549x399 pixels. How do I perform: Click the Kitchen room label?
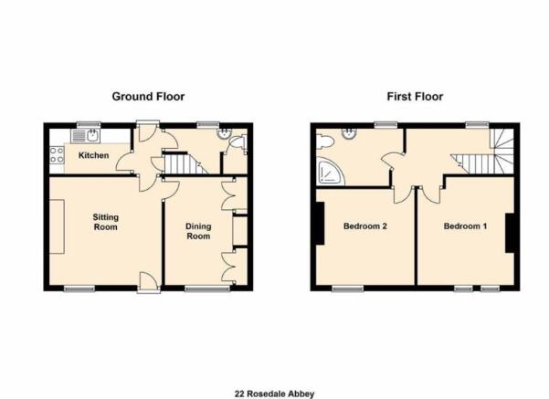pos(93,155)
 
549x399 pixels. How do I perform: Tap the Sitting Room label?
pos(105,222)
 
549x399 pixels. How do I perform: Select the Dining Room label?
pos(198,231)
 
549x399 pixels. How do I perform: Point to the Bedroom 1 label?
pos(465,226)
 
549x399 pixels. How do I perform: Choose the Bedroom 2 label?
pos(365,226)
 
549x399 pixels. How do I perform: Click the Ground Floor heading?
pos(148,96)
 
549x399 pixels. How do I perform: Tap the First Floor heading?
pos(415,96)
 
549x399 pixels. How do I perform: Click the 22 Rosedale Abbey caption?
pos(274,394)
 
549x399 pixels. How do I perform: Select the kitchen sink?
pos(86,136)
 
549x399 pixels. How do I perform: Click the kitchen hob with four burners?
pos(57,154)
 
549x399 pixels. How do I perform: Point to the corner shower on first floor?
pos(330,172)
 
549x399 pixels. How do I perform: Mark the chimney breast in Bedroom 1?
pos(510,233)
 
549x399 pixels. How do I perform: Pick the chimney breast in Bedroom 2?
pos(320,224)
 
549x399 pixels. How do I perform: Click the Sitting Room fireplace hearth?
pos(57,226)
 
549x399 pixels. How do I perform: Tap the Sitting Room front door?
pos(149,281)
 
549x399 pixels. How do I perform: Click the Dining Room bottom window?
pos(207,289)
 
